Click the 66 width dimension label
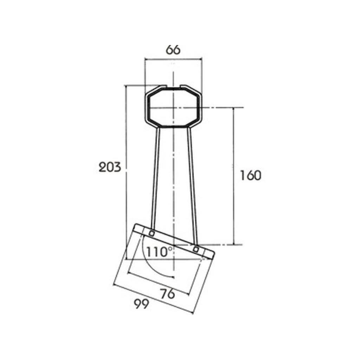pos(173,50)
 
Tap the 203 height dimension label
pos(110,167)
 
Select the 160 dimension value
pos(250,175)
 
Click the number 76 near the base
pos(167,294)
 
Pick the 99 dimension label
pos(141,304)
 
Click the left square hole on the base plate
pos(152,233)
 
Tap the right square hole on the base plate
pos(196,249)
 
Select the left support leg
pos(155,179)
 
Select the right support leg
pos(192,186)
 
